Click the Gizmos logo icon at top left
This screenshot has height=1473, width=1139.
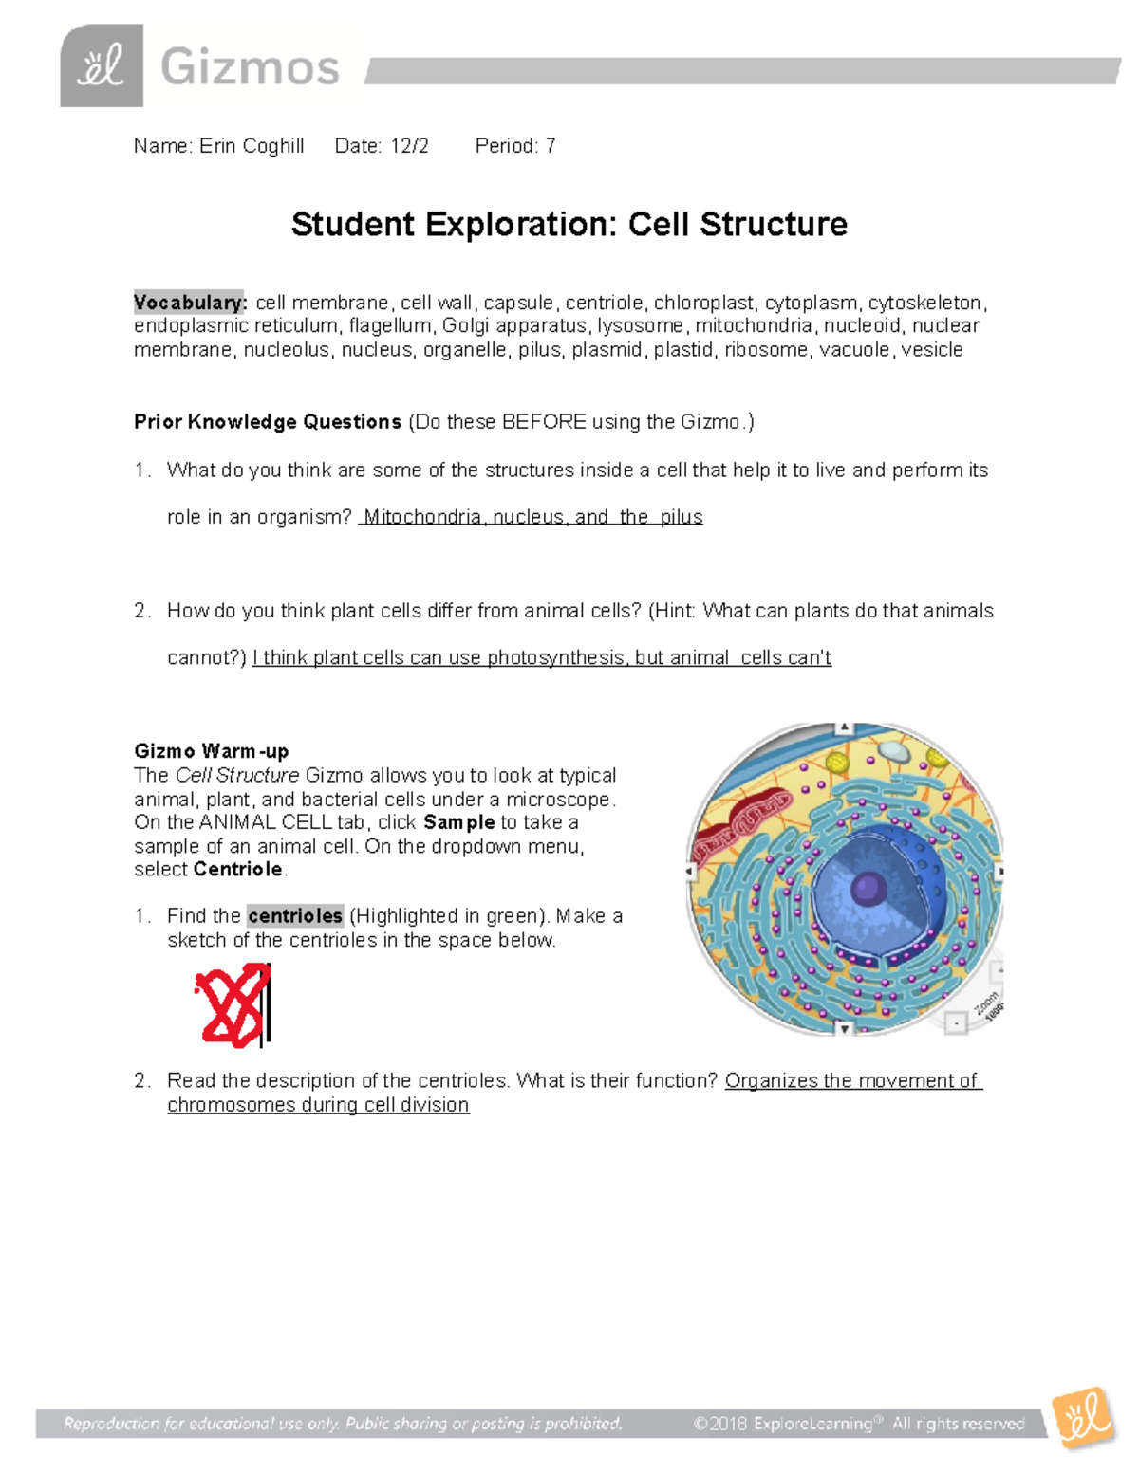102,66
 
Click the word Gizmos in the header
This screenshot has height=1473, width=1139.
250,68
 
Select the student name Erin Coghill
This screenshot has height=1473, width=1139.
252,146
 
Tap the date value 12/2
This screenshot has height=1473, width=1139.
409,146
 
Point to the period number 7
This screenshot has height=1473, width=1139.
551,146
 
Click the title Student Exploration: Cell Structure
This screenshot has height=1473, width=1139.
569,225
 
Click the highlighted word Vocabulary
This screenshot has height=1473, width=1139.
190,303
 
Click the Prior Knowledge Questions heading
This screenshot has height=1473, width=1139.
268,422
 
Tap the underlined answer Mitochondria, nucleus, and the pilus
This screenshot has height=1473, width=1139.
532,517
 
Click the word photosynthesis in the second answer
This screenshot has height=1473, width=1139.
555,658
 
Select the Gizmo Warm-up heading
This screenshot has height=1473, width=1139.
211,751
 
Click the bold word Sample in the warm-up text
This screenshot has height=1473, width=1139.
458,822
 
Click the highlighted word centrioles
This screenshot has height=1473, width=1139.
294,916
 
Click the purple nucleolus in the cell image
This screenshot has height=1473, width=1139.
867,890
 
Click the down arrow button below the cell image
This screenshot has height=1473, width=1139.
844,1029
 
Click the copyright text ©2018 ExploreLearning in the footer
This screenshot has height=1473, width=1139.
782,1424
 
